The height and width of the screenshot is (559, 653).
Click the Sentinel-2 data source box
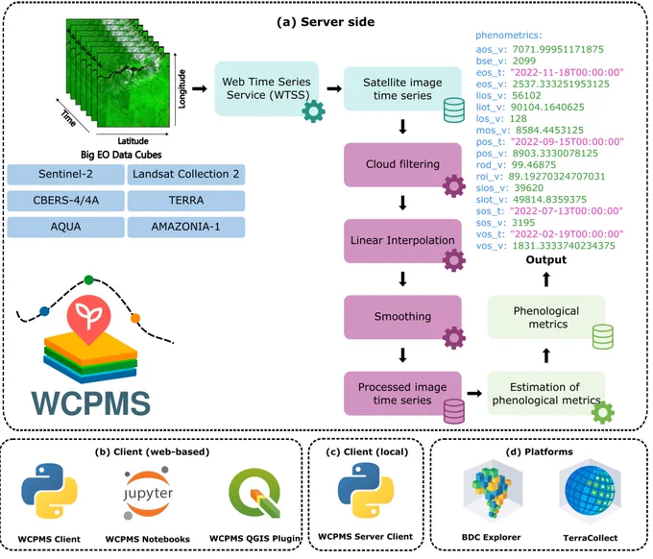tap(66, 174)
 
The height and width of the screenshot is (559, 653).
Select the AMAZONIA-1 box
tap(185, 227)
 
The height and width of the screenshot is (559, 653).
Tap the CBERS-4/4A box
tap(66, 201)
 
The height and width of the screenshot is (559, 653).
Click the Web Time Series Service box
tap(267, 88)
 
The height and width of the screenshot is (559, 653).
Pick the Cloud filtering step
tap(402, 164)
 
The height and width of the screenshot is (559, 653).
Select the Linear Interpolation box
tap(402, 241)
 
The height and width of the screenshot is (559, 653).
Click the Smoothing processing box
tap(402, 317)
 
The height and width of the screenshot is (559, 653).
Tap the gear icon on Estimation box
tap(603, 413)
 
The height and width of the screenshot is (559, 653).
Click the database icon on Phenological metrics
tap(603, 336)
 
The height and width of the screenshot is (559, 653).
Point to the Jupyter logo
tap(148, 493)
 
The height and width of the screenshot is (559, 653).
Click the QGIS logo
tap(254, 493)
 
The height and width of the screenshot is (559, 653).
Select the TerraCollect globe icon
tap(591, 491)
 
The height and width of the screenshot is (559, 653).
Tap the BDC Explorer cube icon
tap(492, 491)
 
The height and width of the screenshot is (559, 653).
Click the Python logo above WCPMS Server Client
tap(365, 490)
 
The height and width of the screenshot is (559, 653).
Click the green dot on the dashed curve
tap(88, 279)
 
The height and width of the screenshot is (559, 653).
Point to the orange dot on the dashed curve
tap(135, 319)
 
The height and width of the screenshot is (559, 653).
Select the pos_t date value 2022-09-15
tap(568, 141)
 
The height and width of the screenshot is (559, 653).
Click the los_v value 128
tap(518, 119)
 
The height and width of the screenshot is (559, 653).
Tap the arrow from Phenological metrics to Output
tap(546, 279)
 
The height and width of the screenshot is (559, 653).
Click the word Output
tap(546, 260)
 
